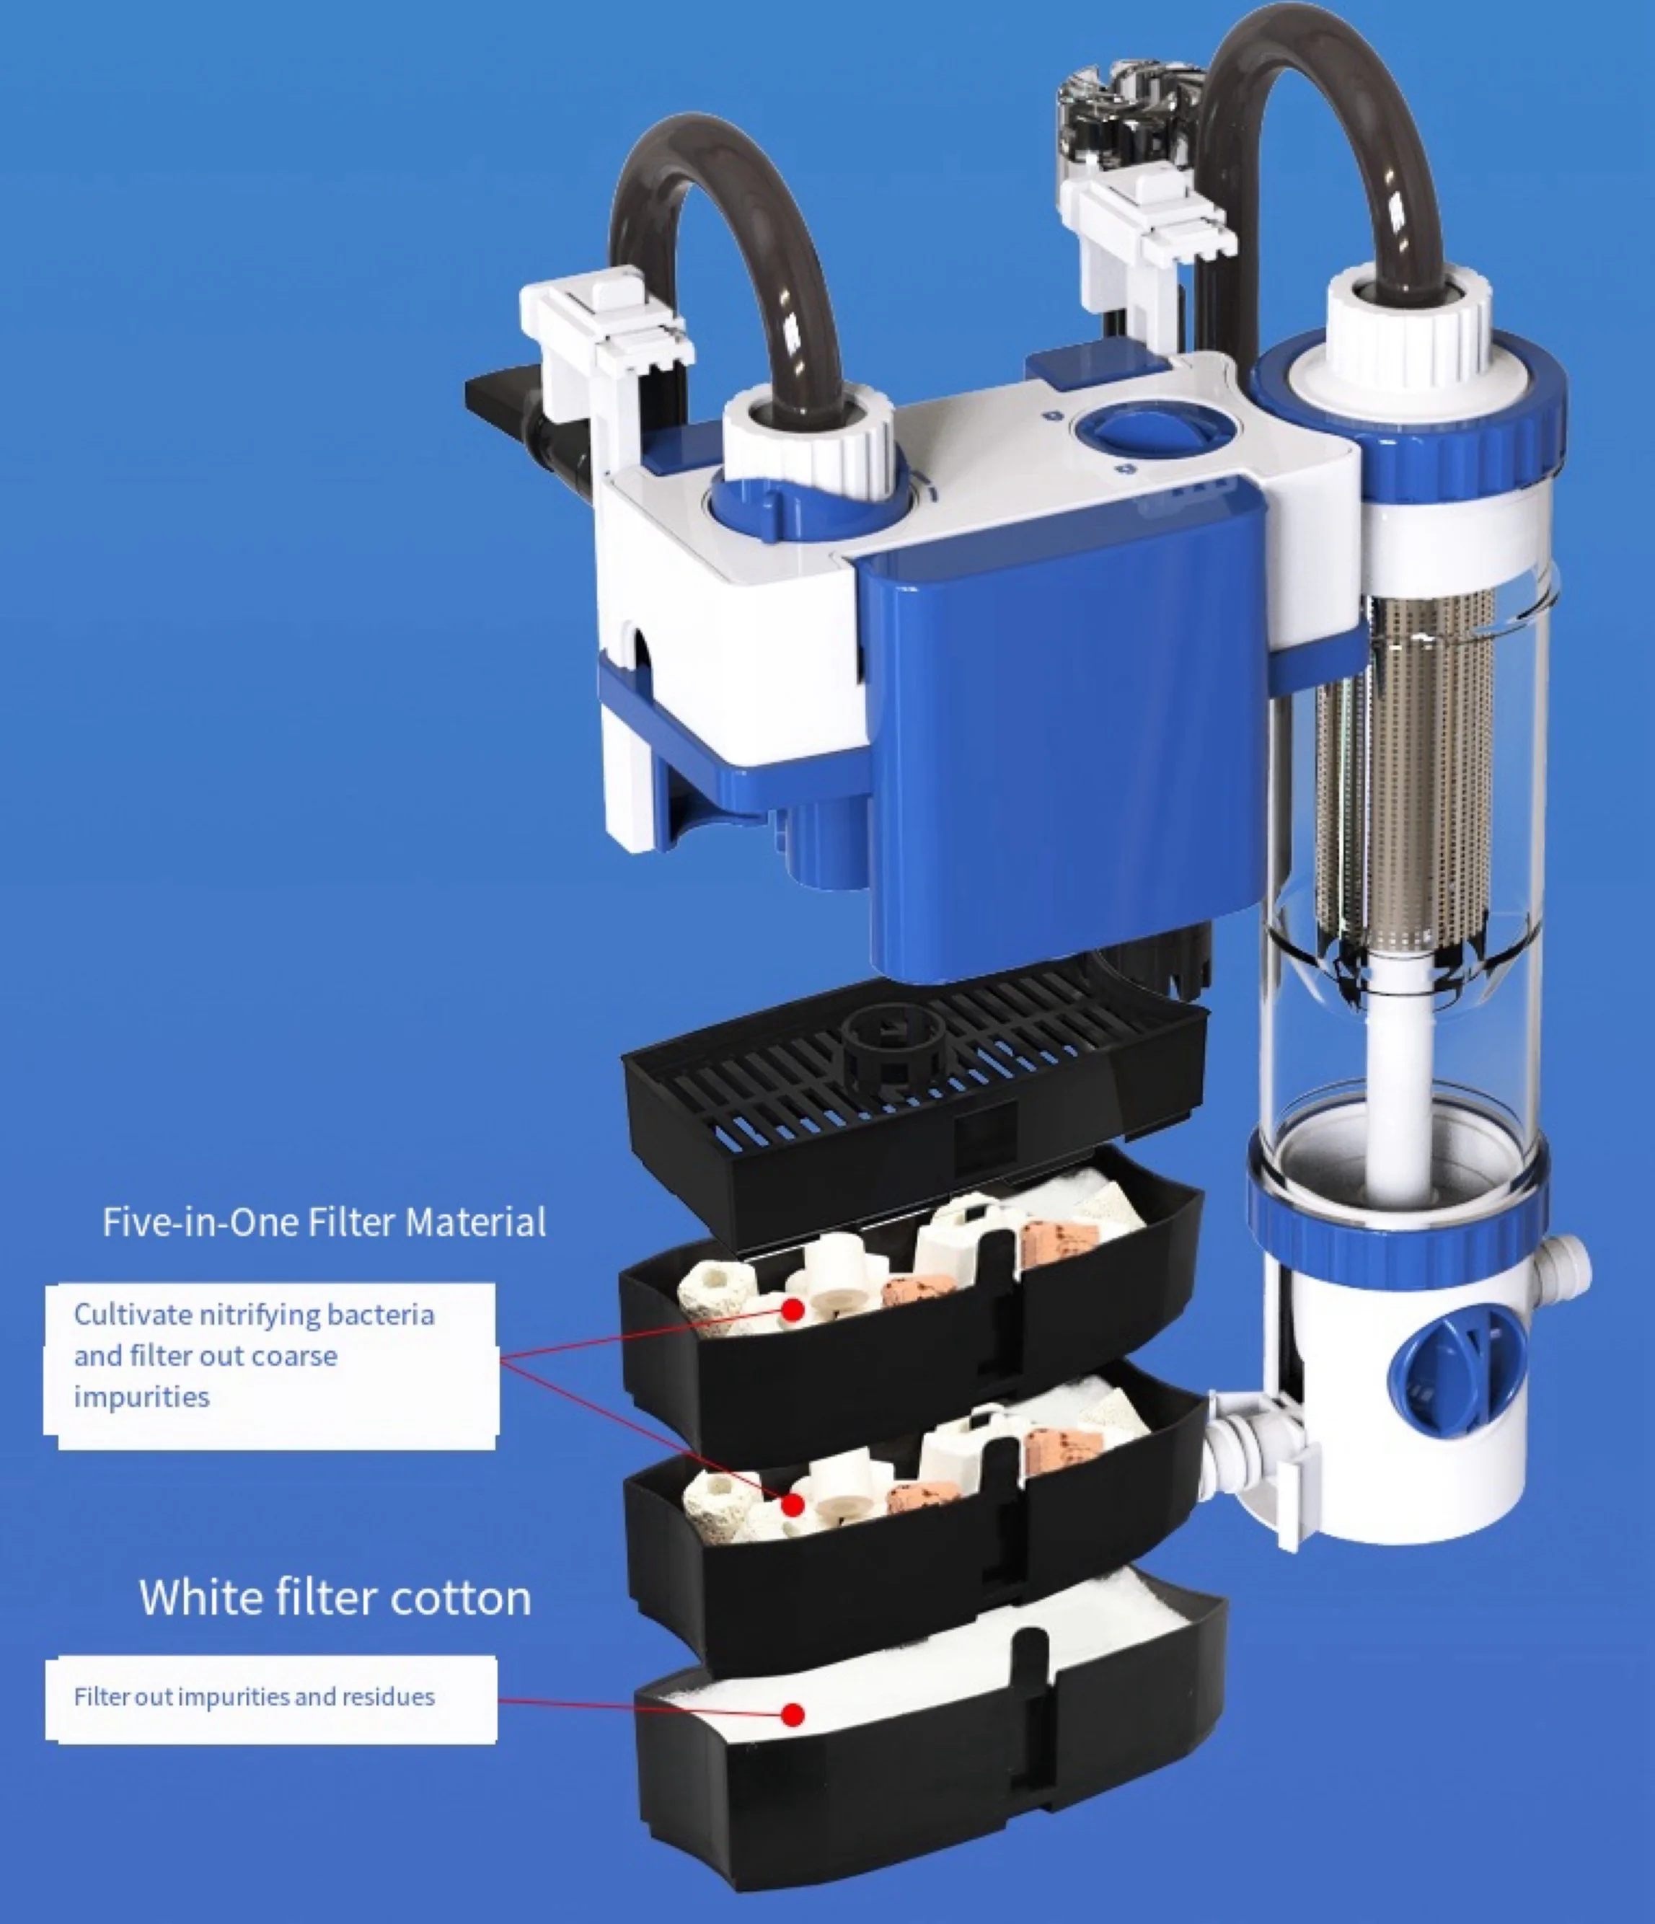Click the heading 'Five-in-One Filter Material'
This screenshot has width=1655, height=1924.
324,1222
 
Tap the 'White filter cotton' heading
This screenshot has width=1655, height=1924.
335,1597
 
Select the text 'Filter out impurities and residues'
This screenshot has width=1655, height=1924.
255,1697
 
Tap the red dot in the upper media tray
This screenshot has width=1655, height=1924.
793,1310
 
